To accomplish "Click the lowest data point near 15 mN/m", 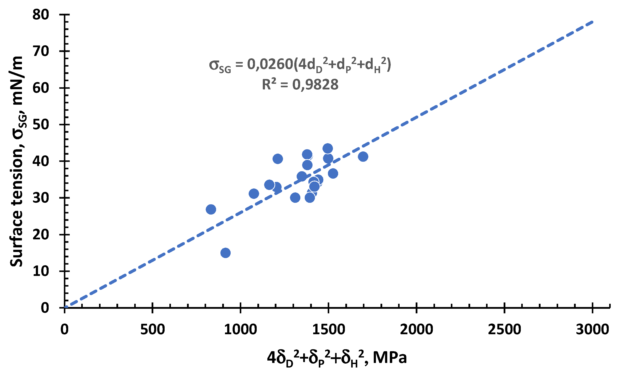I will pyautogui.click(x=225, y=253).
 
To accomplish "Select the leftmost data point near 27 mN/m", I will pyautogui.click(x=211, y=209).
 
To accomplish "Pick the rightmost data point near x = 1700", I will pyautogui.click(x=363, y=156).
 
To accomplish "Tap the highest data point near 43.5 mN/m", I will pyautogui.click(x=328, y=148).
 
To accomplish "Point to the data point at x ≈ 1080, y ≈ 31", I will pyautogui.click(x=254, y=193).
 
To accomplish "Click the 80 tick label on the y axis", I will pyautogui.click(x=41, y=15).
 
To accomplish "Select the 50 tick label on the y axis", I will pyautogui.click(x=41, y=125).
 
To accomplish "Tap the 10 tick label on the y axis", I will pyautogui.click(x=41, y=271).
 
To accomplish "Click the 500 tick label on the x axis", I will pyautogui.click(x=152, y=329).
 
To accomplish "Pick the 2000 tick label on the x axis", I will pyautogui.click(x=416, y=329).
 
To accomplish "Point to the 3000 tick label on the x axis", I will pyautogui.click(x=592, y=329).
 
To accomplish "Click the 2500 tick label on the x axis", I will pyautogui.click(x=504, y=329).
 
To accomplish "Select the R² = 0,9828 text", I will pyautogui.click(x=300, y=84).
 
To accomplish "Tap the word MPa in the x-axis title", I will pyautogui.click(x=390, y=357).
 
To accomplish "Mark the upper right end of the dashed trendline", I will pyautogui.click(x=592, y=22).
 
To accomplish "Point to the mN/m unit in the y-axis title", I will pyautogui.click(x=17, y=80).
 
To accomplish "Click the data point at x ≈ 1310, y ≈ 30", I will pyautogui.click(x=295, y=198).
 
